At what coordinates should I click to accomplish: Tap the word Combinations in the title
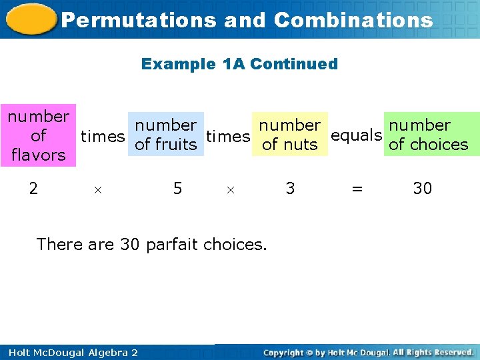pos(353,20)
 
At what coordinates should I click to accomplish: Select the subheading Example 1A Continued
pos(239,64)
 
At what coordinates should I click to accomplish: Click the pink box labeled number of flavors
pos(38,135)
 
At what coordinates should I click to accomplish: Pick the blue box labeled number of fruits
pos(165,135)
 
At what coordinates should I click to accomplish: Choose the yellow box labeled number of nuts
pos(289,135)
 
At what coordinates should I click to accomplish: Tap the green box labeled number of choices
pos(428,135)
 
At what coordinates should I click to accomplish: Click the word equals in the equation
pos(356,135)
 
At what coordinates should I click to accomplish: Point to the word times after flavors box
pos(103,137)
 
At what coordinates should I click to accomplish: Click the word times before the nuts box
pos(228,137)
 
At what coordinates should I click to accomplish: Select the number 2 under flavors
pos(33,189)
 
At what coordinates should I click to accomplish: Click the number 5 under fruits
pos(177,189)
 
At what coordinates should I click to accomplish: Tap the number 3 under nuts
pos(290,189)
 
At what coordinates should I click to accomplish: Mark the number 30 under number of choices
pos(423,189)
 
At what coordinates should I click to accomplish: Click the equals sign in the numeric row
pos(357,189)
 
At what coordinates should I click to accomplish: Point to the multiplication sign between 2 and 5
pos(97,190)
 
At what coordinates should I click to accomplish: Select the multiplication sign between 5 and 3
pos(230,190)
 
